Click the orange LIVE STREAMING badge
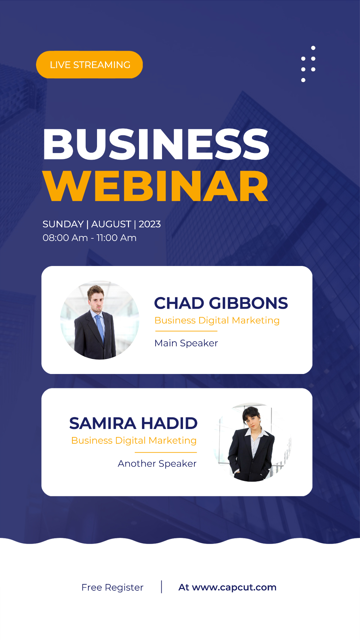tap(89, 65)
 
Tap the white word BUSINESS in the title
tap(156, 144)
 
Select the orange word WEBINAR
tap(156, 186)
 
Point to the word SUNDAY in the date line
tap(63, 224)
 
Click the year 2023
tap(150, 224)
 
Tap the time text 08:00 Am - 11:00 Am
tap(90, 238)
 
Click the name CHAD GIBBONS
tap(221, 303)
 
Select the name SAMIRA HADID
tap(133, 423)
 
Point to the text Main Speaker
tap(186, 343)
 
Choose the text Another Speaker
tap(157, 463)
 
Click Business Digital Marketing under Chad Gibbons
tap(217, 320)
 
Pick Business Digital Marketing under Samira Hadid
tap(134, 440)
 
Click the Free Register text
tap(112, 587)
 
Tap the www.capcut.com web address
tap(234, 587)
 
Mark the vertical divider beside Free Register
tap(162, 587)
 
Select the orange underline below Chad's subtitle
tap(186, 331)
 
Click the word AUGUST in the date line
tap(111, 224)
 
